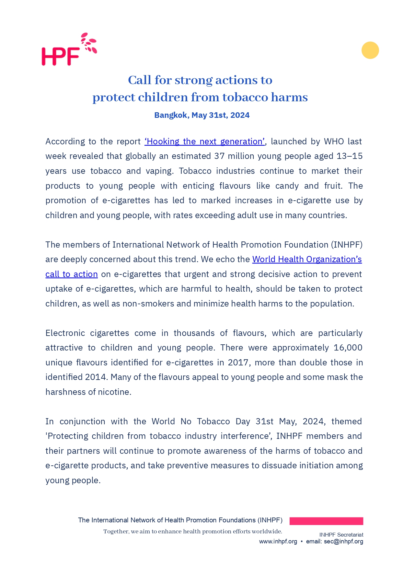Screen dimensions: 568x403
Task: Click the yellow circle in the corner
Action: click(370, 50)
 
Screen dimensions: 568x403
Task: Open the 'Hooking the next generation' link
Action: click(204, 141)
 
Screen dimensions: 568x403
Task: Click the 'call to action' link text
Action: click(71, 274)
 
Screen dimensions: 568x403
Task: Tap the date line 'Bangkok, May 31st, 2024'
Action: click(202, 115)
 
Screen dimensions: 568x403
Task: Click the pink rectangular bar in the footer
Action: click(326, 521)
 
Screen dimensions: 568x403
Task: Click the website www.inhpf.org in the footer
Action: click(278, 541)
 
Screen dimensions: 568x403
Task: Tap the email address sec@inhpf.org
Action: click(343, 541)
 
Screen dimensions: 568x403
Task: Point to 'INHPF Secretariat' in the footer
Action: click(341, 535)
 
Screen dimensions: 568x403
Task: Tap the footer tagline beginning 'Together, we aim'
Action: click(193, 531)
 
